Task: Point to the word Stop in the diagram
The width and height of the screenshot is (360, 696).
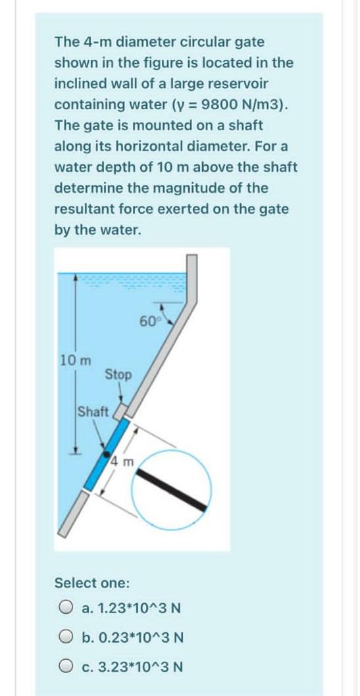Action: click(118, 374)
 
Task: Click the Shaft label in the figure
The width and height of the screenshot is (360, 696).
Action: click(93, 412)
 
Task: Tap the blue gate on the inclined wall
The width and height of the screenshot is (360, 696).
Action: click(109, 453)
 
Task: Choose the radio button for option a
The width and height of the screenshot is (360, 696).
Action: click(65, 609)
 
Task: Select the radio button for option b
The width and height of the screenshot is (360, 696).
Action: click(65, 637)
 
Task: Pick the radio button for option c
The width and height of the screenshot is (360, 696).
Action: click(65, 666)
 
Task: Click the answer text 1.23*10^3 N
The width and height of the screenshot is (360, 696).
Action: click(131, 609)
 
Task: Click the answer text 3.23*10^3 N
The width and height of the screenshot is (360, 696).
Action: click(131, 666)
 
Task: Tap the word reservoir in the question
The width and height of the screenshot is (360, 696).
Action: click(237, 84)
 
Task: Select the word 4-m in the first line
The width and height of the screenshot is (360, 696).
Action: click(93, 41)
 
